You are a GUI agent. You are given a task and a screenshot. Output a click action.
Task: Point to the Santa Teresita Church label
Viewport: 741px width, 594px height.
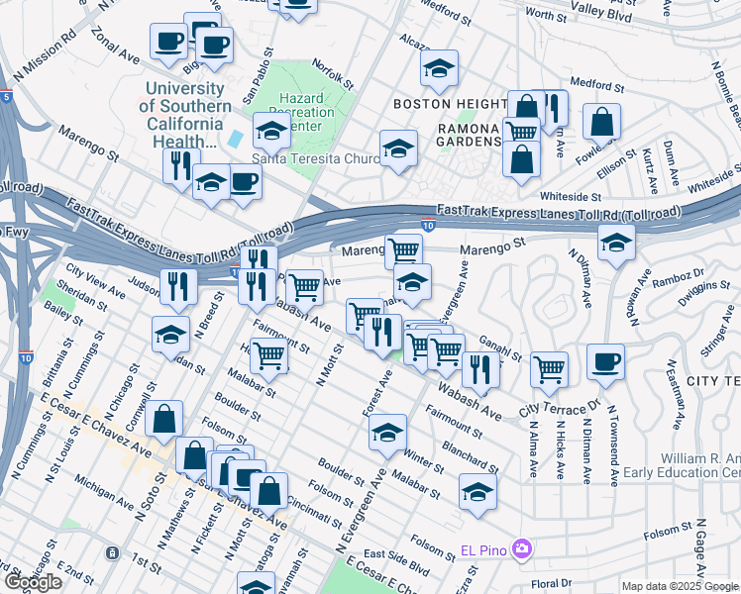(316, 157)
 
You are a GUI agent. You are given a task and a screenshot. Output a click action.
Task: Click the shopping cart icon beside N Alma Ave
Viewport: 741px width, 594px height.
(549, 369)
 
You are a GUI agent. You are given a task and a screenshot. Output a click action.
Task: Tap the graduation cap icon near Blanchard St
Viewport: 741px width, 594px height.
(477, 492)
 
